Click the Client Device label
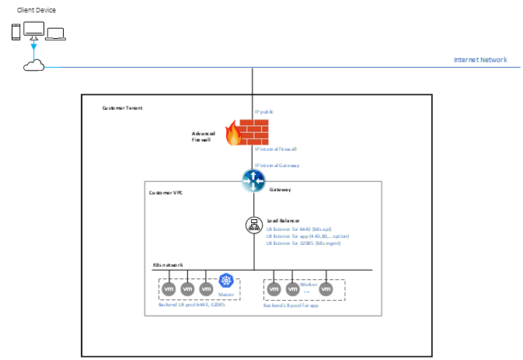37,10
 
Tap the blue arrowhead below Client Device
33,48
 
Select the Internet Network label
481,60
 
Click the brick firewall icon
253,131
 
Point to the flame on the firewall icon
232,138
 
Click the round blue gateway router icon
253,181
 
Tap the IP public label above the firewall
264,112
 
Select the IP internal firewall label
276,149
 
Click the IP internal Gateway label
277,165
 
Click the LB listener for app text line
308,236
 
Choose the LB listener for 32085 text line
304,243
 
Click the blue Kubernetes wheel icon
226,281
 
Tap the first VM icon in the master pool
169,289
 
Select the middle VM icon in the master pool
187,289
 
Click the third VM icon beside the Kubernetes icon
206,289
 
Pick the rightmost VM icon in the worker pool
326,290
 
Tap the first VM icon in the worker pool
274,290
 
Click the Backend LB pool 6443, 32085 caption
191,305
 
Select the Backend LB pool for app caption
291,306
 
